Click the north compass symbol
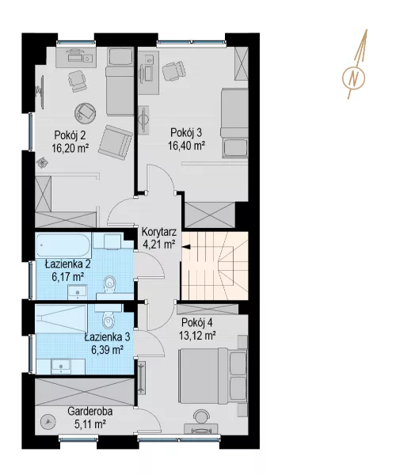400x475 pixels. point(353,78)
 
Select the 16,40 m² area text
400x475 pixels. point(187,146)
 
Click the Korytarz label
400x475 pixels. point(159,233)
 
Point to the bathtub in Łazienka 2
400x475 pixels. point(63,245)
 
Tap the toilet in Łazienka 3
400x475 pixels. point(108,320)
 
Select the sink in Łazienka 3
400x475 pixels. point(61,366)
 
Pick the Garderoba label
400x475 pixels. point(90,412)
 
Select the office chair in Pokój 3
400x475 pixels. point(173,71)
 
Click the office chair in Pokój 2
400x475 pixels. point(77,81)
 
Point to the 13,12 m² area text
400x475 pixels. point(197,336)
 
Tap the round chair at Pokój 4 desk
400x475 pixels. point(200,417)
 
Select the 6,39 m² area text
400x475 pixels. point(107,350)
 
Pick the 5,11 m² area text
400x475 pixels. point(90,424)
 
